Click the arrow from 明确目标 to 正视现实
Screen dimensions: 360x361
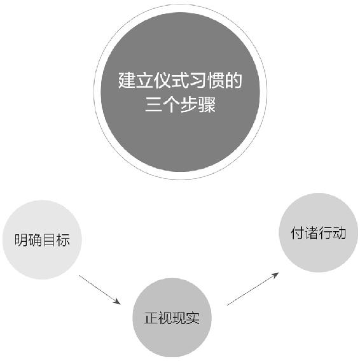pyautogui.click(x=99, y=290)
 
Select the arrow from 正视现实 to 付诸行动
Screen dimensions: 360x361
pyautogui.click(x=253, y=289)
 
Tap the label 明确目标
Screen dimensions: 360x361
pyautogui.click(x=42, y=240)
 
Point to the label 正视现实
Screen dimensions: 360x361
pyautogui.click(x=172, y=318)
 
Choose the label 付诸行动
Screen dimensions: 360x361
pyautogui.click(x=319, y=233)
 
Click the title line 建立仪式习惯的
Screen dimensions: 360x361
pyautogui.click(x=180, y=80)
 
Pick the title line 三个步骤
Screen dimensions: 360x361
pyautogui.click(x=181, y=105)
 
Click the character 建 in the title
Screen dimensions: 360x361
pyautogui.click(x=127, y=80)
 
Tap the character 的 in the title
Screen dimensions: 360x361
pyautogui.click(x=233, y=80)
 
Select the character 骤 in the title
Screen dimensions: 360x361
pyautogui.click(x=207, y=105)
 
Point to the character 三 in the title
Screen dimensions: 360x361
pyautogui.click(x=153, y=105)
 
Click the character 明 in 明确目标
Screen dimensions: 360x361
pyautogui.click(x=22, y=240)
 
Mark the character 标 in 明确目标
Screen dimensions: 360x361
pyautogui.click(x=63, y=240)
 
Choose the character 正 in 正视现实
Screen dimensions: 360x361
pyautogui.click(x=151, y=318)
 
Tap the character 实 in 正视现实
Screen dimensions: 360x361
pyautogui.click(x=193, y=318)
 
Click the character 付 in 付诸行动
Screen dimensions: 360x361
pyautogui.click(x=298, y=233)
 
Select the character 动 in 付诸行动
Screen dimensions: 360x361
pyautogui.click(x=339, y=233)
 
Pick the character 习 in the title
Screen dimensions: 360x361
pyautogui.click(x=198, y=80)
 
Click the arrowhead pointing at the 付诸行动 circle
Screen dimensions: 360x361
pyautogui.click(x=275, y=275)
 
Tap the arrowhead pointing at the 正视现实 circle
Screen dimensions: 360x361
pyautogui.click(x=117, y=302)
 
